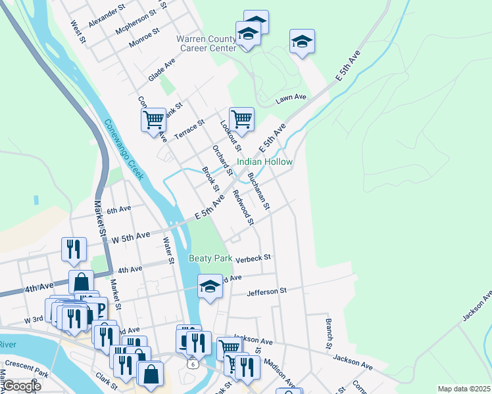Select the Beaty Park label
pyautogui.click(x=210, y=259)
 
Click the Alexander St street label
pyautogui.click(x=107, y=17)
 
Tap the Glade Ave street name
pyautogui.click(x=162, y=69)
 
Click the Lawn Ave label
pyautogui.click(x=291, y=98)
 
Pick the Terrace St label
pyautogui.click(x=189, y=129)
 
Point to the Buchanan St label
pyautogui.click(x=258, y=191)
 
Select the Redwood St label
pyautogui.click(x=242, y=207)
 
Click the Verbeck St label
pyautogui.click(x=254, y=259)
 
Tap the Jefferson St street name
pyautogui.click(x=266, y=290)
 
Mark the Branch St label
pyautogui.click(x=328, y=334)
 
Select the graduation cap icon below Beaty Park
pyautogui.click(x=210, y=286)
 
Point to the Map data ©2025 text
pyautogui.click(x=463, y=389)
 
